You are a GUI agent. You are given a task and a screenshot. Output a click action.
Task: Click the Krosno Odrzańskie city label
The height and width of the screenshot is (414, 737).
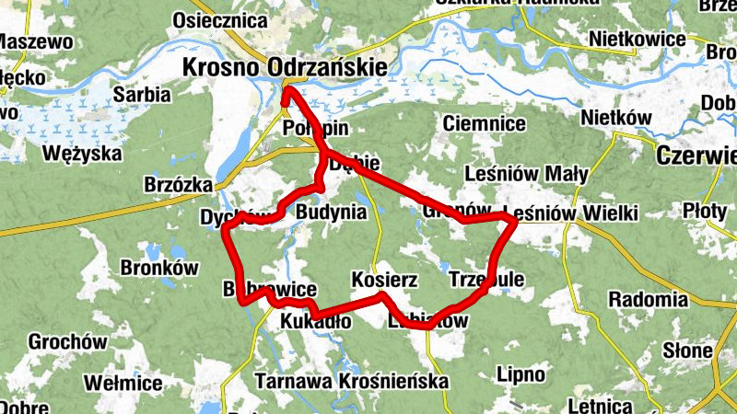286,66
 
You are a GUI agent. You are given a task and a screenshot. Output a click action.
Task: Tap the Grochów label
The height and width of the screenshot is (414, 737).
67,341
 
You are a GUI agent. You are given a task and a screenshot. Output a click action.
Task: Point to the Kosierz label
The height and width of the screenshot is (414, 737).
385,279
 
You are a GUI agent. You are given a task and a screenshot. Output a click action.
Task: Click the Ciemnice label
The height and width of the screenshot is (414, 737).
484,122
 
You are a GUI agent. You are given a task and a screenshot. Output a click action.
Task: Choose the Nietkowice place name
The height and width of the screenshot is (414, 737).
638,40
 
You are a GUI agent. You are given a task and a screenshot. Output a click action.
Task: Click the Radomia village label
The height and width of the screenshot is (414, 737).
648,299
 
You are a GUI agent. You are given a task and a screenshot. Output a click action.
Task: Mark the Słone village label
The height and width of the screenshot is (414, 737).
687,351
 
